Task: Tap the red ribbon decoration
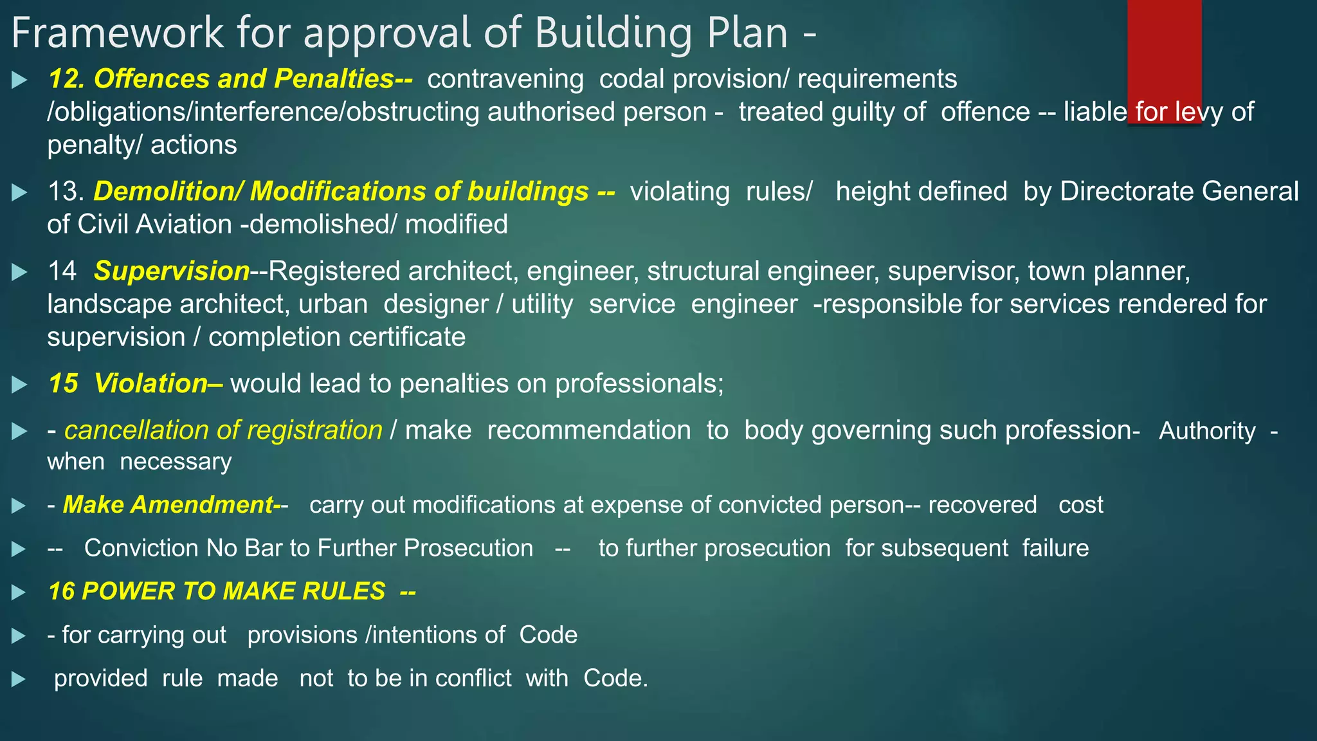pyautogui.click(x=1164, y=51)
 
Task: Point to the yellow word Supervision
pyautogui.click(x=172, y=271)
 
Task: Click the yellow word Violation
pyautogui.click(x=150, y=383)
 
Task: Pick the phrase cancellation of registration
pyautogui.click(x=223, y=430)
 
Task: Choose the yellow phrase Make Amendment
pyautogui.click(x=168, y=505)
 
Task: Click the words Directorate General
pyautogui.click(x=1179, y=192)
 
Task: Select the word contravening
pyautogui.click(x=505, y=79)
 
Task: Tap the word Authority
pyautogui.click(x=1207, y=431)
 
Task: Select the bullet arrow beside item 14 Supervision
pyautogui.click(x=20, y=272)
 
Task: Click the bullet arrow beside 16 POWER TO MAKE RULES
pyautogui.click(x=20, y=592)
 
